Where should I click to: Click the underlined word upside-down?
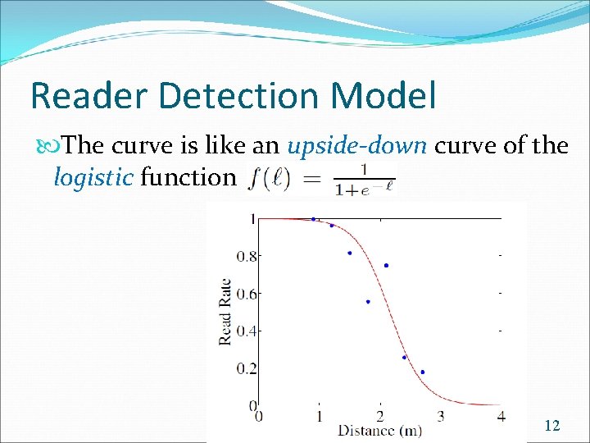357,146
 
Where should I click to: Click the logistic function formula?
319,178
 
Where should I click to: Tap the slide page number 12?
552,425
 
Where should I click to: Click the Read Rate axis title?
225,313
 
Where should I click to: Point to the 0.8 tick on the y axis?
246,256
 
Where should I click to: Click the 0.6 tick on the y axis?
246,294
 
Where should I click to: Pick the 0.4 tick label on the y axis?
246,331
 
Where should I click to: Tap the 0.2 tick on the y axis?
246,369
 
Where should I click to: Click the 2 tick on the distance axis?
380,416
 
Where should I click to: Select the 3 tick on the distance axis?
441,416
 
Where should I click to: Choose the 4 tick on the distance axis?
501,416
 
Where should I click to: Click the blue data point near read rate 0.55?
368,302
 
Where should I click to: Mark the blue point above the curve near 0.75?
386,265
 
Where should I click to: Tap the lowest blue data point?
422,372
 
